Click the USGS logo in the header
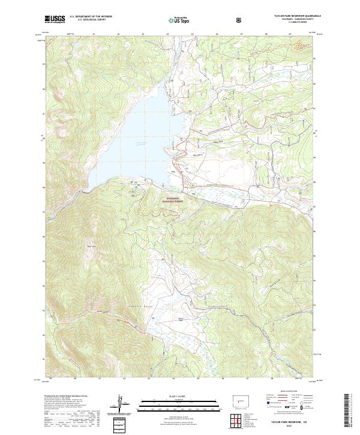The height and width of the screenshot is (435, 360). pos(55,19)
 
